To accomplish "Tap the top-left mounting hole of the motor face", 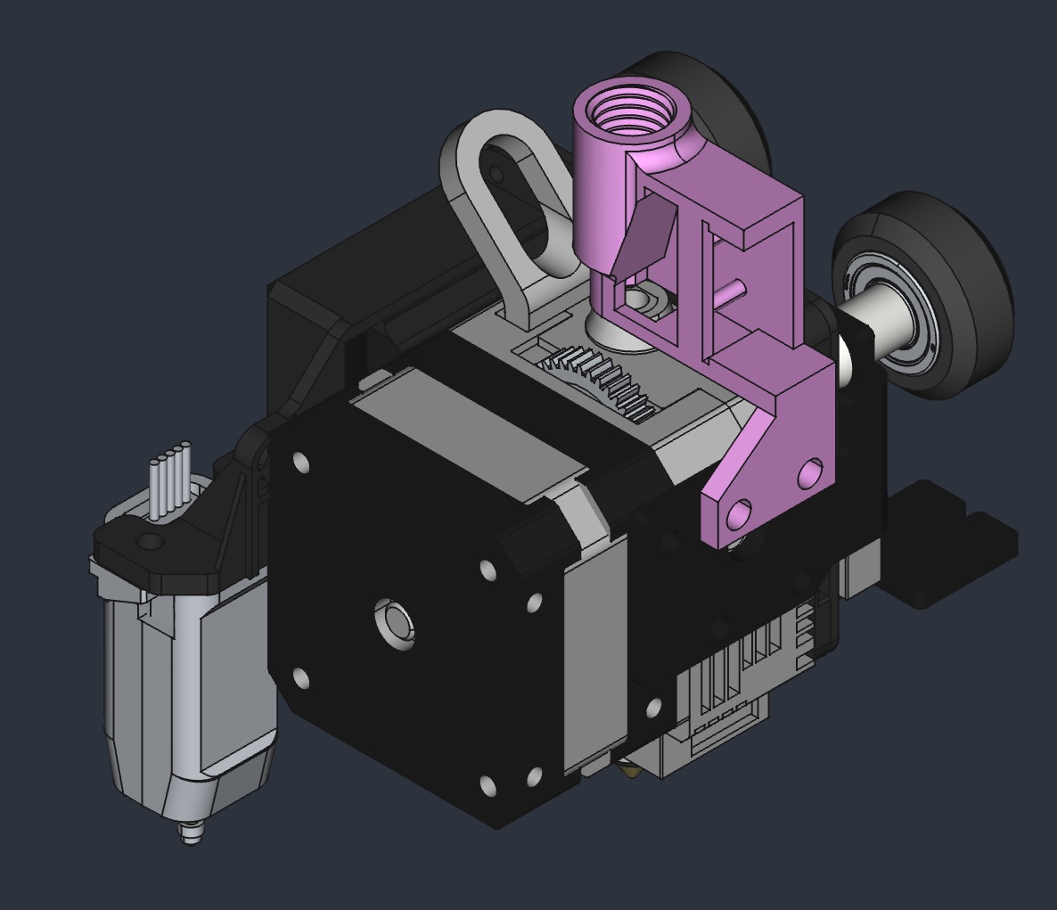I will click(299, 463).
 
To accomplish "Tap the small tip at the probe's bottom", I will click(189, 834).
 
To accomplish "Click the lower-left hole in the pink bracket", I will click(739, 514).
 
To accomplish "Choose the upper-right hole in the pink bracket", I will click(810, 471).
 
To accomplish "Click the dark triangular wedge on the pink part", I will click(645, 235).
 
